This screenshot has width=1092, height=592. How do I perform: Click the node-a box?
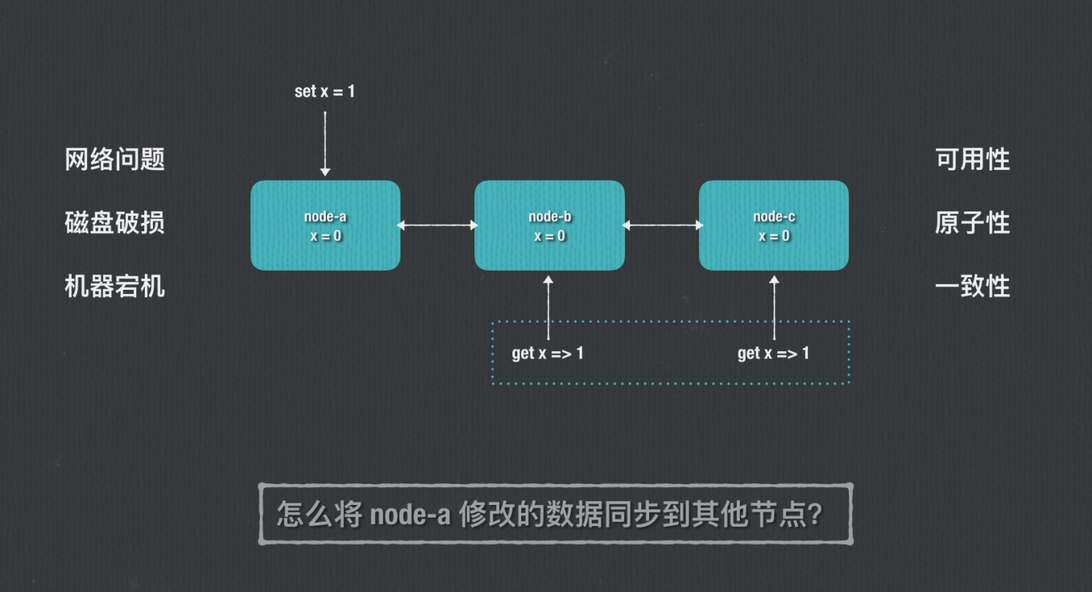point(325,225)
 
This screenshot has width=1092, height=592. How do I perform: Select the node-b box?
point(549,225)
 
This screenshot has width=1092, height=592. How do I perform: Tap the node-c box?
point(774,225)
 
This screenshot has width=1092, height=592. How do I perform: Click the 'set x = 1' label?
point(324,91)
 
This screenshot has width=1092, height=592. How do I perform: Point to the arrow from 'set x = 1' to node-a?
point(325,139)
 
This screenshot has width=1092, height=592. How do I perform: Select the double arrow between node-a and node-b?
point(437,225)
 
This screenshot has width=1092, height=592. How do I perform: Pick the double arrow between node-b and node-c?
point(662,225)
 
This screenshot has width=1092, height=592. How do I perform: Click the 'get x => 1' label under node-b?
point(547,353)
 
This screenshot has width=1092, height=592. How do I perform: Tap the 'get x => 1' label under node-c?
point(773,353)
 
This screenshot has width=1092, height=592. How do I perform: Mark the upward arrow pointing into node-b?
point(549,307)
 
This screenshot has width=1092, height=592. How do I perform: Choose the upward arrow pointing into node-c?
point(774,307)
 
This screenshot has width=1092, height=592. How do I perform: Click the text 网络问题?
point(115,159)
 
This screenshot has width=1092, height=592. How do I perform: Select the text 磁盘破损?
point(115,222)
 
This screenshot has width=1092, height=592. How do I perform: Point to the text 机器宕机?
point(115,286)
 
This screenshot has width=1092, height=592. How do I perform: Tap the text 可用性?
point(973,159)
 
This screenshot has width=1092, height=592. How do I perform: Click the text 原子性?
point(973,222)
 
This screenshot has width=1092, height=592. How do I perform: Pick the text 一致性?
point(973,286)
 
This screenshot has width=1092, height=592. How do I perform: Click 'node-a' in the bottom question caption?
point(411,515)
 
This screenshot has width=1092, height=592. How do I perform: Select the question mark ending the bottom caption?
point(815,515)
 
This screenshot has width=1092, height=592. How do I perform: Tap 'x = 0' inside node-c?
point(774,236)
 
